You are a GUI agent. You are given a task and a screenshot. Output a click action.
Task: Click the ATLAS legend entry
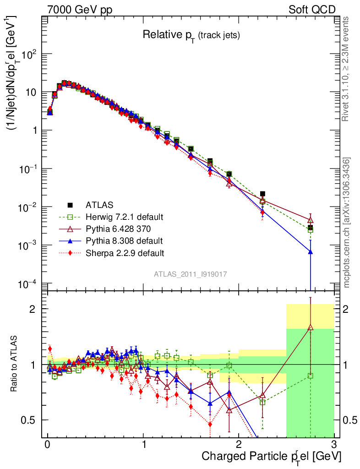coord(99,205)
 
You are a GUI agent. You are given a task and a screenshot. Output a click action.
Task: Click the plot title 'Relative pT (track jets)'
coord(191,35)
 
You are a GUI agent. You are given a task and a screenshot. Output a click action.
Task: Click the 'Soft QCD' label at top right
coord(311,10)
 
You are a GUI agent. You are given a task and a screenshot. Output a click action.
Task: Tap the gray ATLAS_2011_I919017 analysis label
coord(191,274)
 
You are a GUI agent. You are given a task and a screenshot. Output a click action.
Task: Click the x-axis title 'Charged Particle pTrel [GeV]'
coord(271,456)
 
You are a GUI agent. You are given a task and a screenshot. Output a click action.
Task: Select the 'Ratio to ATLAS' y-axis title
coord(16,365)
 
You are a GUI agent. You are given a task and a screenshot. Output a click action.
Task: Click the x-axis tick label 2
coord(239,445)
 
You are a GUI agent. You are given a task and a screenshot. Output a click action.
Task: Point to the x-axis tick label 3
coord(334,445)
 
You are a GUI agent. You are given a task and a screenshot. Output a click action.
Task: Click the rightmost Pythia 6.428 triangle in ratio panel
coord(311,327)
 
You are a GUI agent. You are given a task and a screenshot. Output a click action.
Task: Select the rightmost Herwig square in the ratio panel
coord(311,376)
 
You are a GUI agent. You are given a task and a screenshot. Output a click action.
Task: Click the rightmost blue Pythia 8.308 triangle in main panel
coord(311,252)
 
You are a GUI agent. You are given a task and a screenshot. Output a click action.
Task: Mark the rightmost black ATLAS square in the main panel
coord(311,228)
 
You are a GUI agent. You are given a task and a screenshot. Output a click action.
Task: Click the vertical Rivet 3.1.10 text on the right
coord(346,69)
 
